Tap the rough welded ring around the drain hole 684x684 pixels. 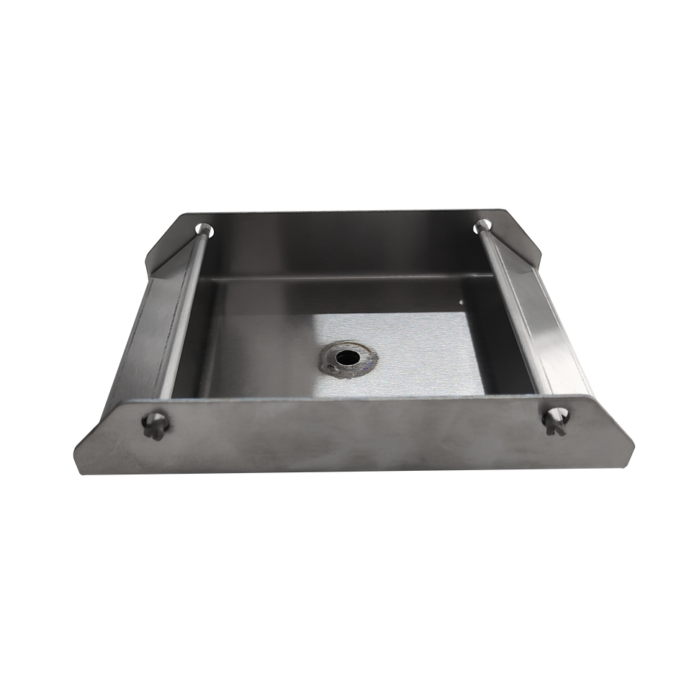coord(333,366)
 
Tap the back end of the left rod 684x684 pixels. coord(206,230)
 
